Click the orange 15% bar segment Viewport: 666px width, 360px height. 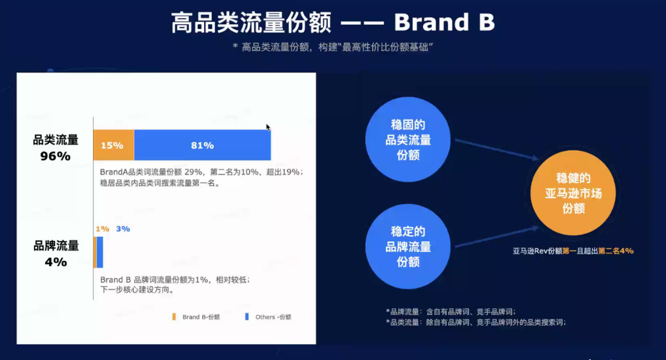click(x=113, y=145)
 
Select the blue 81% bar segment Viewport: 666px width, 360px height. click(x=203, y=145)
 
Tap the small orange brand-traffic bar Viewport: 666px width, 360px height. click(x=95, y=252)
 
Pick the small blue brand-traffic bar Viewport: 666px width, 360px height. click(x=100, y=252)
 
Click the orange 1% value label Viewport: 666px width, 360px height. click(x=102, y=229)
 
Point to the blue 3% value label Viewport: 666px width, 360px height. click(x=123, y=229)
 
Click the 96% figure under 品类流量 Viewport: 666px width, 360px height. click(x=55, y=156)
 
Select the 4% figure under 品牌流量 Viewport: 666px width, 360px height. click(x=56, y=262)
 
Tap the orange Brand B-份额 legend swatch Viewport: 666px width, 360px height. click(x=174, y=316)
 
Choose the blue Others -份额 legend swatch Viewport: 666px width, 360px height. click(x=247, y=316)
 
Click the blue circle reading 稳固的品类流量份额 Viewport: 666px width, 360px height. click(x=408, y=140)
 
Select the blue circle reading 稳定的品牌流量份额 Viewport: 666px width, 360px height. click(x=408, y=246)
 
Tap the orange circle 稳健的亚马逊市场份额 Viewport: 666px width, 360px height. click(x=573, y=193)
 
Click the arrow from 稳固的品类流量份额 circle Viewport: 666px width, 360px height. click(x=496, y=149)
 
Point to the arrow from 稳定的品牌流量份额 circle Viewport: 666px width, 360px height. click(x=496, y=237)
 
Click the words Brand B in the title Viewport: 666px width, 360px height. click(x=444, y=23)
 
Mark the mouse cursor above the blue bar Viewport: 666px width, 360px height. click(x=268, y=128)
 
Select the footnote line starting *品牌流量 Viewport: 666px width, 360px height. click(x=454, y=311)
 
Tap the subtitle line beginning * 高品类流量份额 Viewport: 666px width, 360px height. click(x=332, y=47)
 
